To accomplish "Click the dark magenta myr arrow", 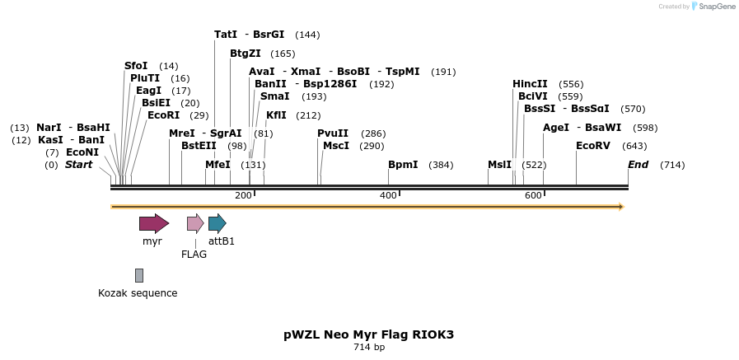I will [x=153, y=223].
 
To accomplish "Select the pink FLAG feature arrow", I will [x=195, y=223].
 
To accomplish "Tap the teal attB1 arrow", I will [x=217, y=223].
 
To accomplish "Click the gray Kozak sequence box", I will [x=139, y=275].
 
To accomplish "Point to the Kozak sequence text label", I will [x=138, y=293].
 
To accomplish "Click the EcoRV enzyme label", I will [x=593, y=146].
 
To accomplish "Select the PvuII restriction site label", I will [x=333, y=133].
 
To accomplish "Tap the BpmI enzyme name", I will [x=403, y=165].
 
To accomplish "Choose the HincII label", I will [x=530, y=84].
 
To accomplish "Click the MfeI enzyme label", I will [x=217, y=165].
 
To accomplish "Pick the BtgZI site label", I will [x=246, y=54].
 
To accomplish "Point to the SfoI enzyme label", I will [x=136, y=66].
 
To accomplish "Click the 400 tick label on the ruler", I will [x=387, y=195].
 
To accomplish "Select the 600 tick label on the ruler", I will [x=532, y=195].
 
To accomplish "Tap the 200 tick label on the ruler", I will [x=243, y=195].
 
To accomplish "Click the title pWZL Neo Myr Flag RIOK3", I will [x=368, y=334].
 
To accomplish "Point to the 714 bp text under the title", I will [x=368, y=348].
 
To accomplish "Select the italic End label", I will [x=638, y=165].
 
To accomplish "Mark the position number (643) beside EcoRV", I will [x=634, y=147].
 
